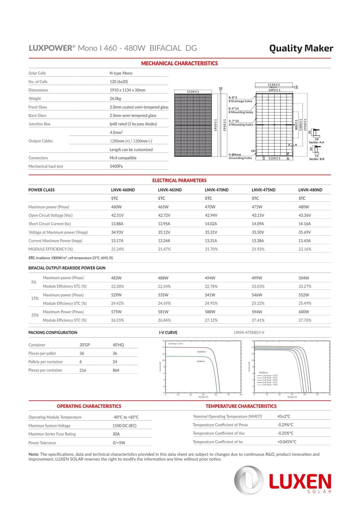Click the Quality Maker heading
[301, 48]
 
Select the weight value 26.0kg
[115, 99]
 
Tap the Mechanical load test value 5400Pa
[116, 166]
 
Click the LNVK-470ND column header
[216, 190]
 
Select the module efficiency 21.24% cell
[117, 249]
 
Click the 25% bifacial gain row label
[35, 315]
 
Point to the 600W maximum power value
[304, 312]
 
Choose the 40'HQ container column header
[118, 345]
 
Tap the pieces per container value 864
[116, 370]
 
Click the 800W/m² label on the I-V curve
[201, 361]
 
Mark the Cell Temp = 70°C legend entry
[270, 385]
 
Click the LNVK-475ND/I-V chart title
[249, 332]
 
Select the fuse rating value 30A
[116, 434]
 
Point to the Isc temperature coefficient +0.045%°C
[287, 442]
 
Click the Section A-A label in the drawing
[316, 142]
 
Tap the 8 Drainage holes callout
[240, 101]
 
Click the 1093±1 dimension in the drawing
[274, 90]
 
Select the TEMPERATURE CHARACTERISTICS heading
[241, 406]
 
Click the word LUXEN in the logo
[300, 482]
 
